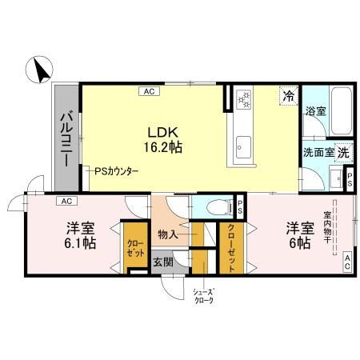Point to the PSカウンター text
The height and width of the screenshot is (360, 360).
coord(117,171)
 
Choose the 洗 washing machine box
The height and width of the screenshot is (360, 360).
coord(342,152)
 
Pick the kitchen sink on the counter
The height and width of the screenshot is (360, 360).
coord(242,147)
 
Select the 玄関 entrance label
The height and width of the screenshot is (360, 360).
coord(163,261)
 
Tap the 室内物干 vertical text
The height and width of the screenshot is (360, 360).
coord(329,232)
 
